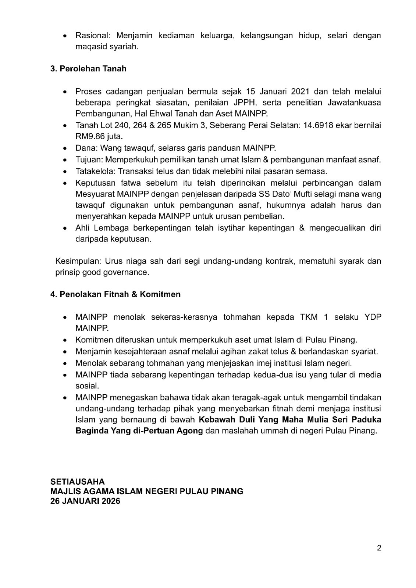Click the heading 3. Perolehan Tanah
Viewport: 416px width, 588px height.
point(88,69)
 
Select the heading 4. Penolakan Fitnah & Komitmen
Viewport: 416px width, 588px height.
point(115,294)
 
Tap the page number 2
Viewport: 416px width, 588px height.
point(379,548)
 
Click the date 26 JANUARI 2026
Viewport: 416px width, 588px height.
point(85,501)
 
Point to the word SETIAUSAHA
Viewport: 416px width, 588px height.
point(78,481)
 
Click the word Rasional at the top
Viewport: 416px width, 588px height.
point(90,36)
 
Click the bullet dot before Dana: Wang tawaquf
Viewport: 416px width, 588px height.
point(65,149)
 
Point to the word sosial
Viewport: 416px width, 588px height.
point(87,386)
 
